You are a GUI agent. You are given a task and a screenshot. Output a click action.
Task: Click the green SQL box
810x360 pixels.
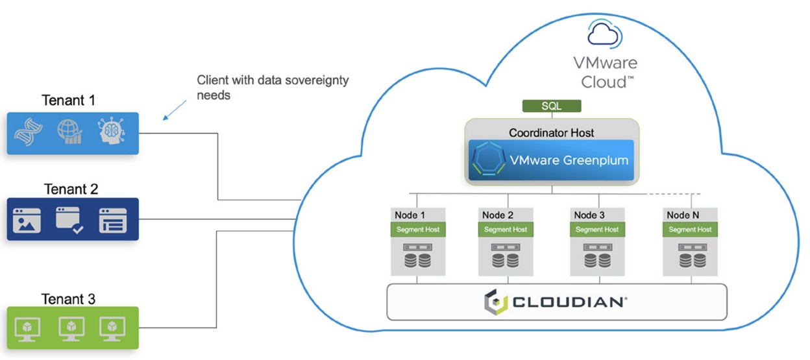point(551,106)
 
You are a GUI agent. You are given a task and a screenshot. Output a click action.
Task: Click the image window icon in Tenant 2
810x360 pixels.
point(27,221)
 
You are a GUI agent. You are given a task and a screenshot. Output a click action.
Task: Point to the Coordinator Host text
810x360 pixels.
point(551,133)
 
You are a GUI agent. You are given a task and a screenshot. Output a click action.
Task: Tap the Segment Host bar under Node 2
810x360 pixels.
point(504,230)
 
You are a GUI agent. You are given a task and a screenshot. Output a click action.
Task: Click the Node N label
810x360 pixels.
point(683,215)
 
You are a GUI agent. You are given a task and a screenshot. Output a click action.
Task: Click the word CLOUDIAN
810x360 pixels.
point(569,302)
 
